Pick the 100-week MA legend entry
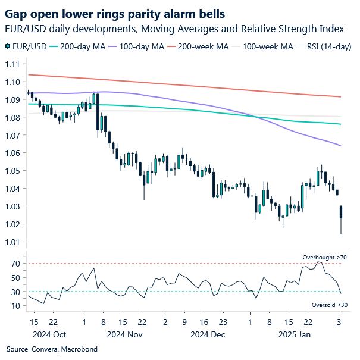tap(267, 46)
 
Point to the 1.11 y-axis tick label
tap(12, 64)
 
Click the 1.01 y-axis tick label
tap(12, 242)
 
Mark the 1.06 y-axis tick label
tap(12, 153)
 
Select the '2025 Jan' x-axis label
tap(294, 334)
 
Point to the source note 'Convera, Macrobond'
tap(57, 349)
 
